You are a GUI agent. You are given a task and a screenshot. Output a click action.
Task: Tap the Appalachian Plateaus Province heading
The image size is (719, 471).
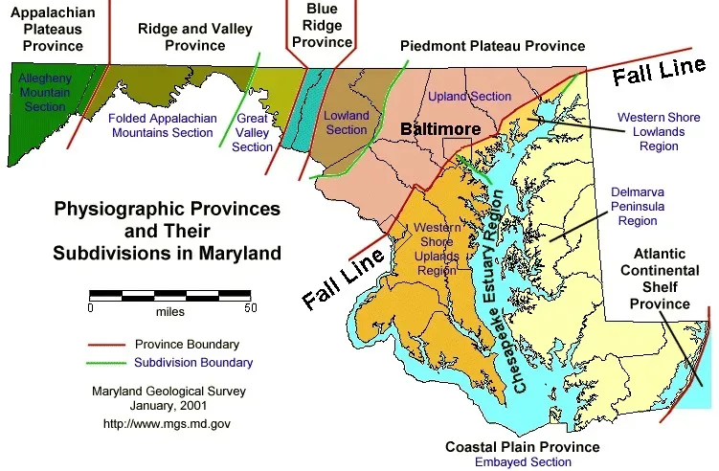click(x=46, y=28)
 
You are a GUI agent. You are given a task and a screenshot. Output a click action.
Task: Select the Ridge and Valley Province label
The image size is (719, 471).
click(x=181, y=36)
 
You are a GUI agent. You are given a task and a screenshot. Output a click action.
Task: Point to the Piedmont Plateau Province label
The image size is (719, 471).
click(x=492, y=46)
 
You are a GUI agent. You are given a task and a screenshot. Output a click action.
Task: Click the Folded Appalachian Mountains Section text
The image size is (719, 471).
click(x=161, y=125)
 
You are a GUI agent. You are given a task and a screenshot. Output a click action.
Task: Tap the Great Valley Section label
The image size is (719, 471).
click(x=253, y=133)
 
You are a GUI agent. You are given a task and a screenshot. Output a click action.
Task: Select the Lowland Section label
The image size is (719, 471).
click(x=346, y=123)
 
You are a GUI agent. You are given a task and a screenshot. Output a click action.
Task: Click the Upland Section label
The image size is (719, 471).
click(x=469, y=97)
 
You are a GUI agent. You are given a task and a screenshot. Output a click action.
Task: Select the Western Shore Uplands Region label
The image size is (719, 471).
click(x=436, y=249)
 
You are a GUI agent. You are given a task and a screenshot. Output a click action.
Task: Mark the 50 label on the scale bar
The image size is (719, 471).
click(x=250, y=308)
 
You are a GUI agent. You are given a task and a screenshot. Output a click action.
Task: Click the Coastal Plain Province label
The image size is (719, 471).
click(x=523, y=447)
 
